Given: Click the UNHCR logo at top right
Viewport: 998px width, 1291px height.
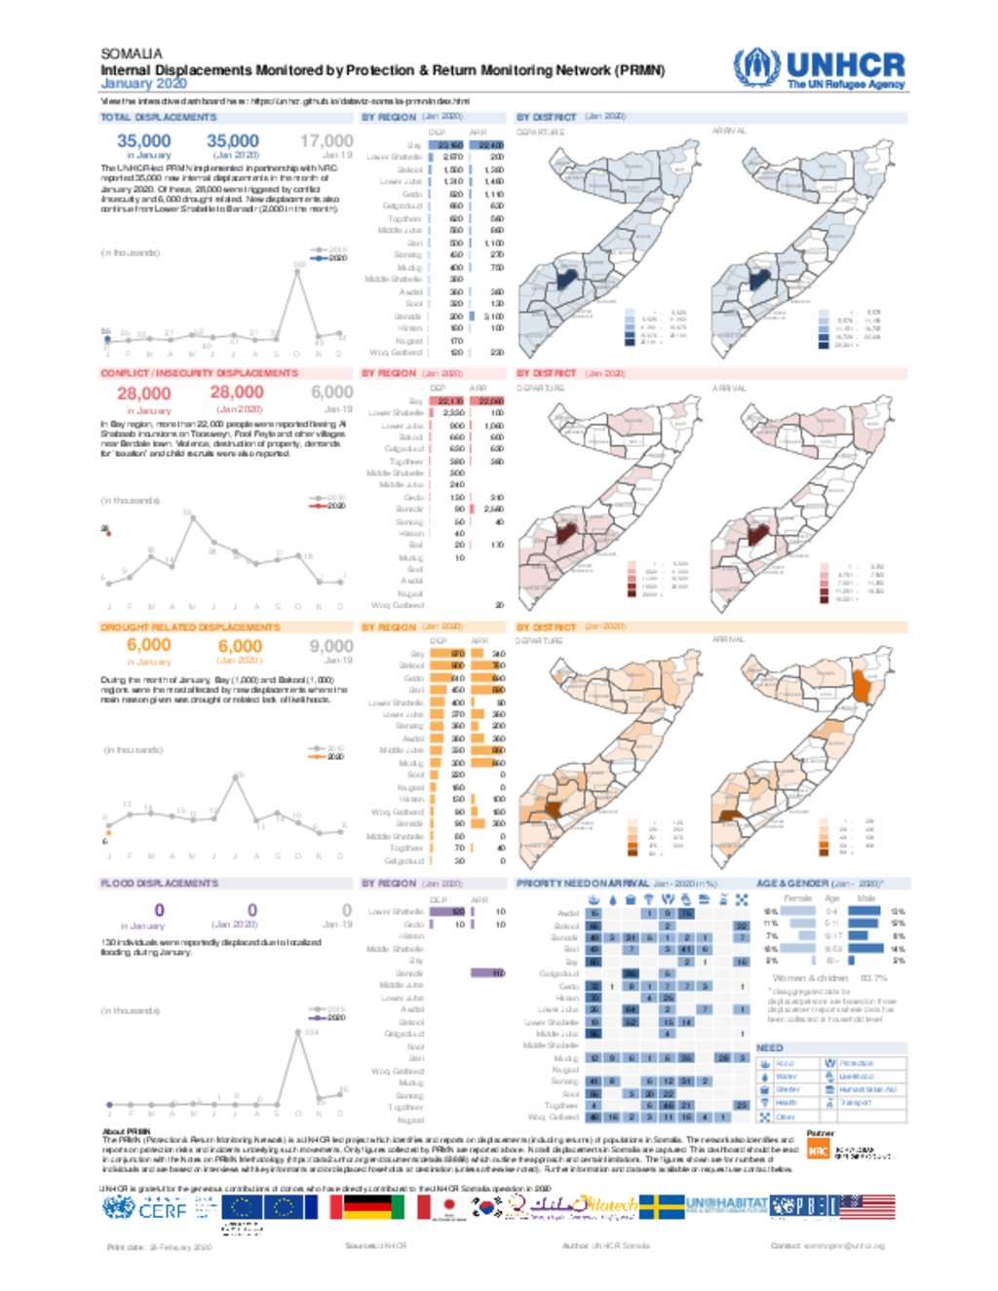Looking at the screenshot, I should coord(819,68).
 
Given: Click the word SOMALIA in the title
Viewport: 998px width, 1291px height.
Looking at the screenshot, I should coord(132,54).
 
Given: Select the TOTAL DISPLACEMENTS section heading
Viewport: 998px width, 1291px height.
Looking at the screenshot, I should coord(159,117).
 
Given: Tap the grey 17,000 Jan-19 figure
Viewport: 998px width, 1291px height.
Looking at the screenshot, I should coord(326,141).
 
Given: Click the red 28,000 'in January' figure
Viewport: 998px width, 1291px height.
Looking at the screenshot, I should coord(143,394).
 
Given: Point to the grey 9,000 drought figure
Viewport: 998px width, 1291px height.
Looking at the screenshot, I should coord(331,646).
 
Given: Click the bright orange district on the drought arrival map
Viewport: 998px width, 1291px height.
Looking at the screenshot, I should coord(860,686).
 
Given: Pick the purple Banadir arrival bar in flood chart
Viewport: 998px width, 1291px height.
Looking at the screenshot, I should coord(487,972).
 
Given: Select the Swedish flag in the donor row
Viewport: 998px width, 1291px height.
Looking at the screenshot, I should coord(662,1207).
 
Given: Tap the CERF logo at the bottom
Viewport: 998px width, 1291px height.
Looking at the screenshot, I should coord(145,1208).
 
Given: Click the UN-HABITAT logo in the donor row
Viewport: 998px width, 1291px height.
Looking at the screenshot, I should coord(726,1206).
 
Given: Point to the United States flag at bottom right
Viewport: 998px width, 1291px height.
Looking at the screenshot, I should coord(867,1207).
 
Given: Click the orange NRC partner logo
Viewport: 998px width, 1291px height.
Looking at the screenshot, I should coord(818,1152).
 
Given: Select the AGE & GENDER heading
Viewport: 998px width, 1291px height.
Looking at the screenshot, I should coord(791,883).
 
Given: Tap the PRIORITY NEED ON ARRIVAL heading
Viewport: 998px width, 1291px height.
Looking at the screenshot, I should coord(582,883).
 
